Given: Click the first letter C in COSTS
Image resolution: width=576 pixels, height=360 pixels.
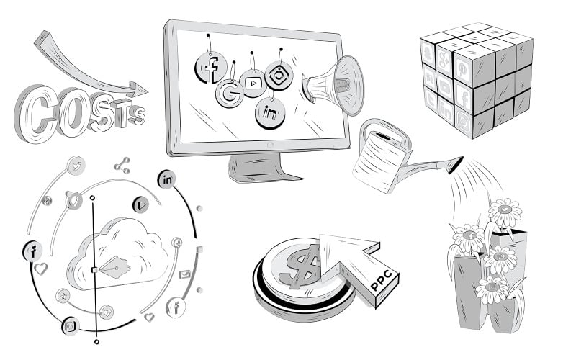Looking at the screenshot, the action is tap(35, 113).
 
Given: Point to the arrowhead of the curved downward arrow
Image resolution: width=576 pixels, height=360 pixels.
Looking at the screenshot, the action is tap(138, 89).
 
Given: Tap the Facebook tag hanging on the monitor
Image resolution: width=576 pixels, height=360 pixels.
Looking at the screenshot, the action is tap(211, 68).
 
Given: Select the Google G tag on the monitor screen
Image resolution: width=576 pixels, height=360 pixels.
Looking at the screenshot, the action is tap(229, 94).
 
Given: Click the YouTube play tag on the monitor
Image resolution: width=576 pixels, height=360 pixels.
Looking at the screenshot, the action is tap(253, 83).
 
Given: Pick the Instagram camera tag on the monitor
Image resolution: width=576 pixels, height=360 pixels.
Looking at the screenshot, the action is tap(279, 76).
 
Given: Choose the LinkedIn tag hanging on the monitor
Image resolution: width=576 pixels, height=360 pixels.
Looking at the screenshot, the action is tap(270, 113).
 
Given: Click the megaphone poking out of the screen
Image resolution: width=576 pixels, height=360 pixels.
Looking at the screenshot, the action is tap(333, 85).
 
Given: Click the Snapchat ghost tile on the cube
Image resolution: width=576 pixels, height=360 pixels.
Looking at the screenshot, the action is tap(428, 53).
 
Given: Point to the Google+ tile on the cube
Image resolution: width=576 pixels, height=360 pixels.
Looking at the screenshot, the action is tap(444, 61).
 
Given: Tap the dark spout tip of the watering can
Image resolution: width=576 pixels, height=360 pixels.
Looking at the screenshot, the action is tap(456, 165).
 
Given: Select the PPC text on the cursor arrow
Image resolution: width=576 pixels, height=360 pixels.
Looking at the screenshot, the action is tap(384, 281).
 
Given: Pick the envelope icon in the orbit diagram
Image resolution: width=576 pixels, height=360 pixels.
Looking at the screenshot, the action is tap(185, 274).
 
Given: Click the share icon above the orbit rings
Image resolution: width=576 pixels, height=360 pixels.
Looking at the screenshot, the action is tap(122, 166).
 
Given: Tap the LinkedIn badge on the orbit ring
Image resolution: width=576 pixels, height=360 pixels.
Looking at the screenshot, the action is tap(166, 179).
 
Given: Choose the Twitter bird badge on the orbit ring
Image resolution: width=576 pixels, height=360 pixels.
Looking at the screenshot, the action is tap(76, 166).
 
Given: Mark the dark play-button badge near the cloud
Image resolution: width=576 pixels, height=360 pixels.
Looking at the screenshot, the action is tap(140, 204).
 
